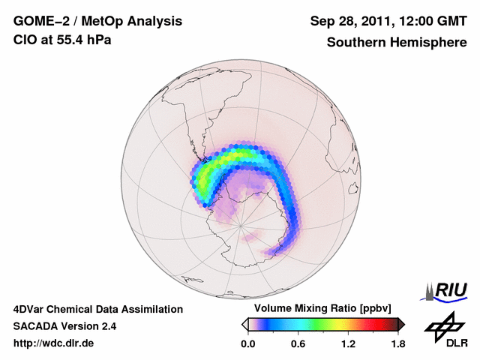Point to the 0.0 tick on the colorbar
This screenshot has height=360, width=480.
(x=247, y=343)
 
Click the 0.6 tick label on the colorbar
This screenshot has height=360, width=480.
(x=298, y=343)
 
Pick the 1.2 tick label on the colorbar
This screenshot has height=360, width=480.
(x=348, y=343)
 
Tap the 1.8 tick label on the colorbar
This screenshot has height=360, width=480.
(x=397, y=343)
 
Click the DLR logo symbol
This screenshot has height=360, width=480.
(x=442, y=325)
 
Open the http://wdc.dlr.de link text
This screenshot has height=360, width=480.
(x=54, y=343)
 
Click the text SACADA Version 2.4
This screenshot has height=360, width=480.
(x=64, y=326)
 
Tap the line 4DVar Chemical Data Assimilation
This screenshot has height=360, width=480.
(x=97, y=309)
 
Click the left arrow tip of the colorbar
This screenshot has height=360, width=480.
(x=244, y=324)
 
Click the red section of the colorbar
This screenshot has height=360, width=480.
(x=375, y=324)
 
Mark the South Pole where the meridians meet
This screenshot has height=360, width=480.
(x=239, y=225)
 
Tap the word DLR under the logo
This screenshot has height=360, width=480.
(x=452, y=343)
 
